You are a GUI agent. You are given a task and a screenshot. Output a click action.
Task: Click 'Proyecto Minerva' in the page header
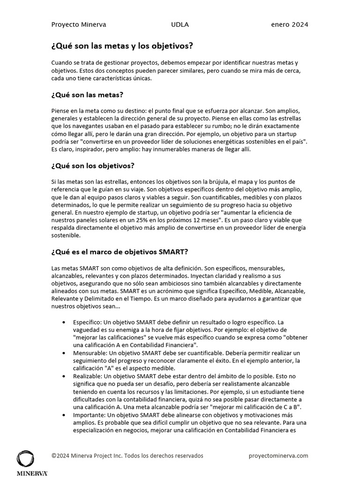coord(78,25)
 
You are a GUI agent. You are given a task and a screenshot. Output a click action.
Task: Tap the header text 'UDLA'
coord(180,25)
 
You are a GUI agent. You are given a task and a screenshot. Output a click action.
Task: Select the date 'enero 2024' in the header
coord(290,25)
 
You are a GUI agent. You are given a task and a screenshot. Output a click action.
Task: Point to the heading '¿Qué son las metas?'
coord(87,95)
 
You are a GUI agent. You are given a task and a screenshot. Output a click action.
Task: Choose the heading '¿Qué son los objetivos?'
coord(93,165)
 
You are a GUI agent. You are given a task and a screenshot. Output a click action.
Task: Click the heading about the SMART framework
coord(120,252)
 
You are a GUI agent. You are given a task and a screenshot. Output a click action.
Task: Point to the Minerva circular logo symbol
coord(25,458)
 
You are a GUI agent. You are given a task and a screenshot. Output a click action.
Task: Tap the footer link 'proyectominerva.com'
coord(279,456)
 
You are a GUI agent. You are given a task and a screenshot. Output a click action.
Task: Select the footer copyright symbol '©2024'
coord(60,456)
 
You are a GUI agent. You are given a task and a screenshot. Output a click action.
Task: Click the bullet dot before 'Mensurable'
coord(64,352)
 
